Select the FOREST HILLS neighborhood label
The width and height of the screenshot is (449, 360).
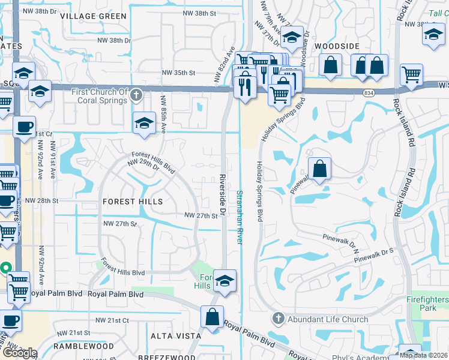[133, 202]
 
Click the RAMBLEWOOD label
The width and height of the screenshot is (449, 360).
[83, 346]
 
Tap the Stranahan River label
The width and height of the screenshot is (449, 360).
[240, 217]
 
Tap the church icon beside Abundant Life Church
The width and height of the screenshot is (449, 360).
[277, 319]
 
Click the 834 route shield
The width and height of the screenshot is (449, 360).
[369, 92]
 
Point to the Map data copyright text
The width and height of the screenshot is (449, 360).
[423, 355]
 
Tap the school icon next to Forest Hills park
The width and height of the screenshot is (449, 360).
[224, 280]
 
